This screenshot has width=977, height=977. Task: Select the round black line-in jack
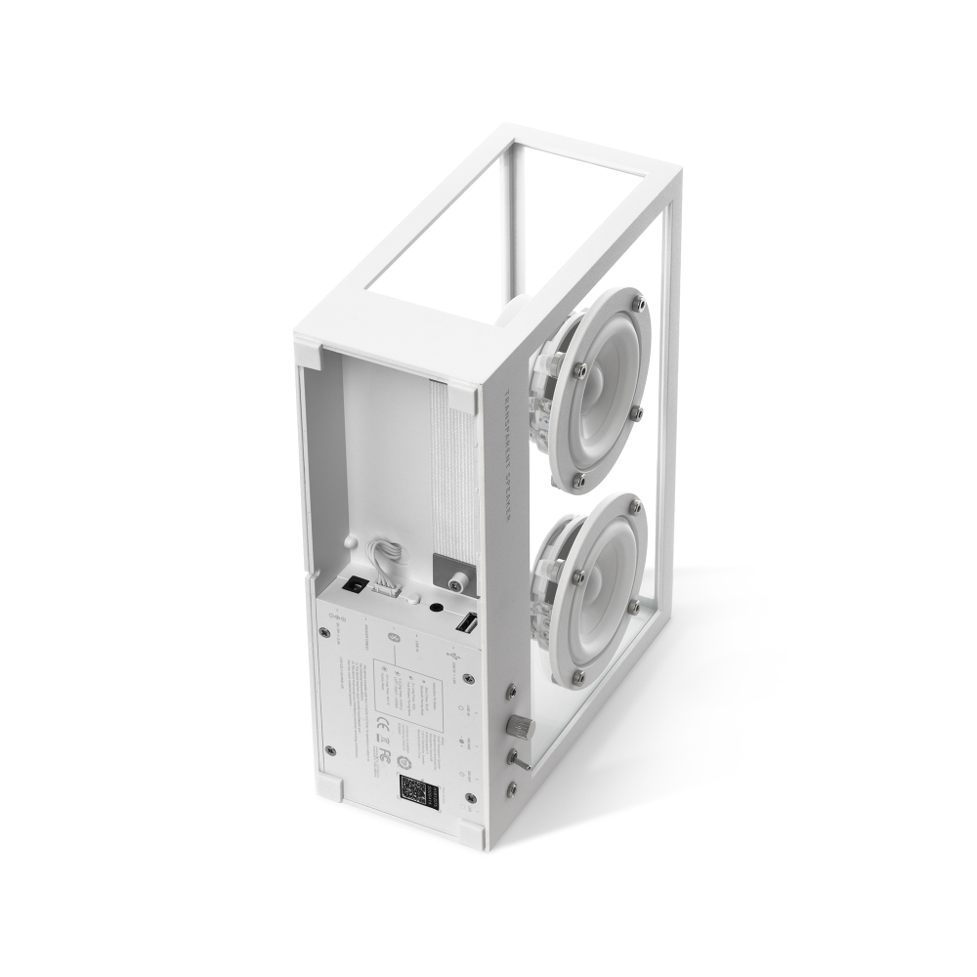pyautogui.click(x=432, y=609)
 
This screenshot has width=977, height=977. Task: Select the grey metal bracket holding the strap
pyautogui.click(x=448, y=571)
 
